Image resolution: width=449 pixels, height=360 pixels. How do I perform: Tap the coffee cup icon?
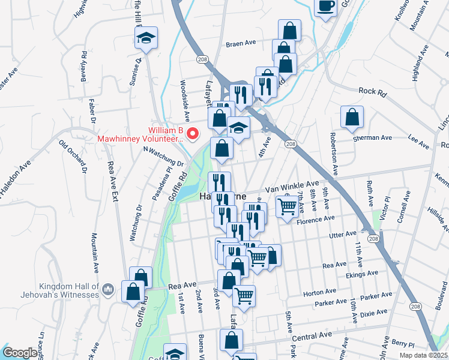pyautogui.click(x=325, y=7)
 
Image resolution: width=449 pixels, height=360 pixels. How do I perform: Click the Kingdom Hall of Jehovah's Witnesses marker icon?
pyautogui.click(x=108, y=290)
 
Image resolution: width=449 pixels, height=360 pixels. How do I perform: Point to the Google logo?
pyautogui.click(x=20, y=353)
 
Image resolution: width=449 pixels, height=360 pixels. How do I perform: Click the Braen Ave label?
pyautogui.click(x=241, y=44)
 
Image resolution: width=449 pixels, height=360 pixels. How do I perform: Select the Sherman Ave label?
pyautogui.click(x=372, y=137)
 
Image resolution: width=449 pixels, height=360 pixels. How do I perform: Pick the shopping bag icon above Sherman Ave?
pyautogui.click(x=352, y=118)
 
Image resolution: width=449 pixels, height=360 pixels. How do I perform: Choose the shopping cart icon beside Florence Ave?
pyautogui.click(x=287, y=207)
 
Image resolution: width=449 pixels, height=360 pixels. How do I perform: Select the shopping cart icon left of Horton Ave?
pyautogui.click(x=244, y=296)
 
